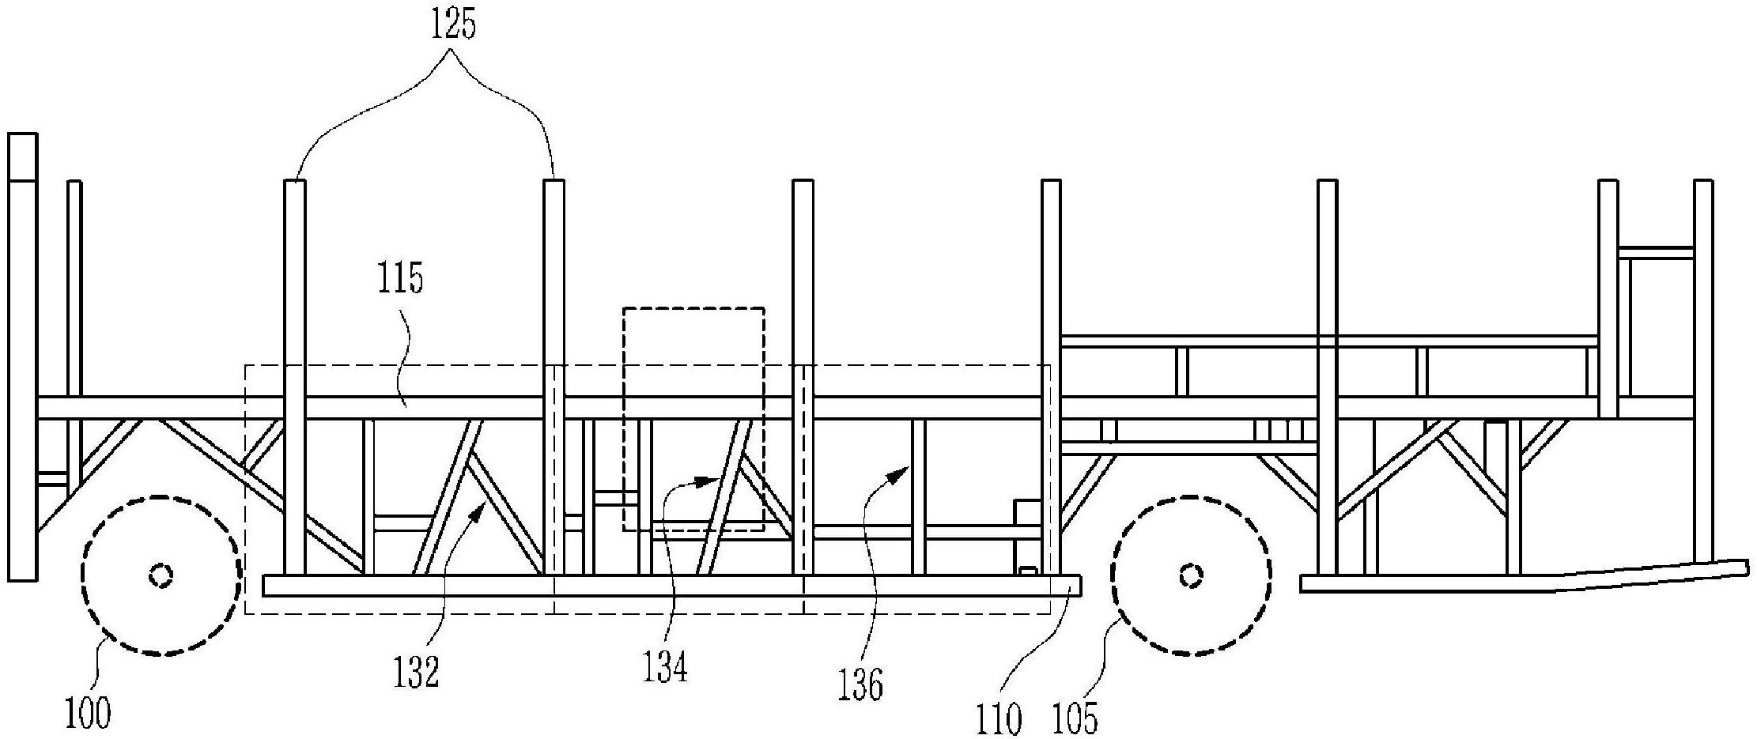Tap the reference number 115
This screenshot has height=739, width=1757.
399,280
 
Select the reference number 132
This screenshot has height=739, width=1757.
417,673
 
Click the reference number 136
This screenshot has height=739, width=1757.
860,685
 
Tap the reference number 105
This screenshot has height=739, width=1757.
1076,720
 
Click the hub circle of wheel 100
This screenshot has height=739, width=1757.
161,575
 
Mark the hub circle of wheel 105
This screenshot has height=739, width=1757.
1191,575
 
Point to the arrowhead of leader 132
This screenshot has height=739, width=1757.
479,516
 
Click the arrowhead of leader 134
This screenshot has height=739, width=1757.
706,480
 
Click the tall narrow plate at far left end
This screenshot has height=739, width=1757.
22,357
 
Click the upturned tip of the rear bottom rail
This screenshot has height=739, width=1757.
1744,566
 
